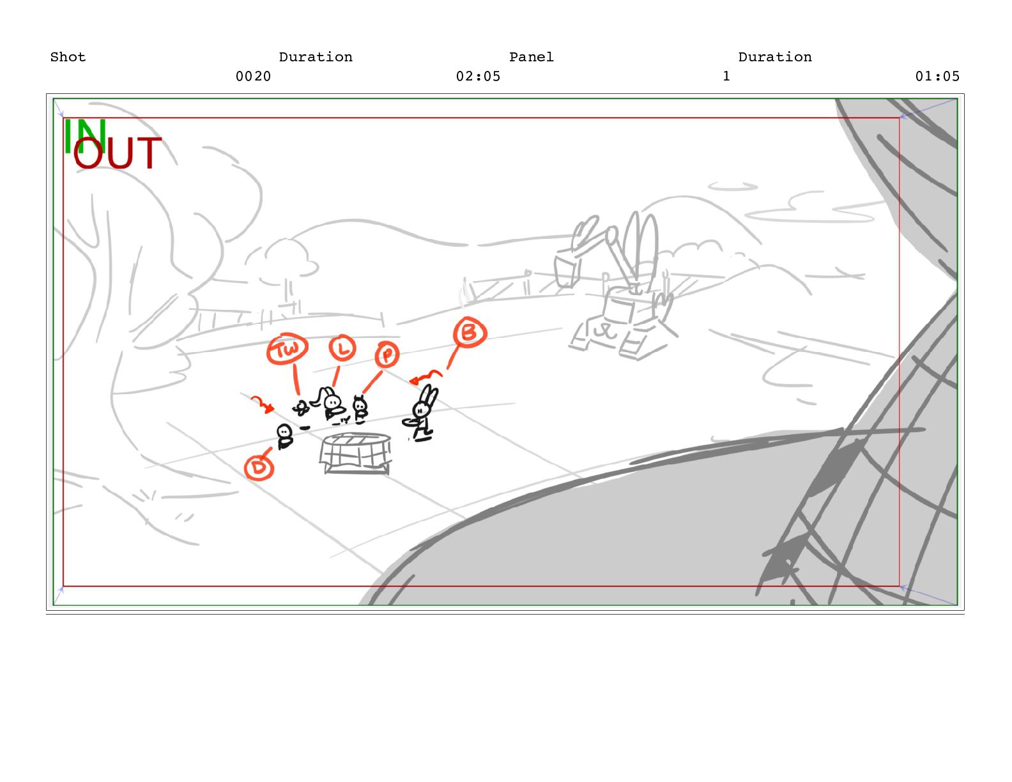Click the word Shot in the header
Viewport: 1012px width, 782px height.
tap(68, 57)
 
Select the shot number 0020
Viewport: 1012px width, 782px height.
tap(253, 77)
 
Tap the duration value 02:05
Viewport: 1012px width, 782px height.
tap(478, 77)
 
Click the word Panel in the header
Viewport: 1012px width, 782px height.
tap(531, 57)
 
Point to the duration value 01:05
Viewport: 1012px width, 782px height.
tap(937, 77)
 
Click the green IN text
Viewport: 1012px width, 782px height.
tap(85, 136)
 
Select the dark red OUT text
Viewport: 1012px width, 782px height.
tap(118, 153)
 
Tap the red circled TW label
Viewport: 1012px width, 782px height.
tap(287, 349)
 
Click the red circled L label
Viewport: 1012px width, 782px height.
tap(342, 348)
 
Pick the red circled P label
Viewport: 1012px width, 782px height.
tap(387, 355)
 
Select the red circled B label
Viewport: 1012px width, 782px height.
tap(470, 333)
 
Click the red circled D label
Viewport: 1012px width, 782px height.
tap(259, 468)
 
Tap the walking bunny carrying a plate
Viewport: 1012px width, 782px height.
tap(422, 413)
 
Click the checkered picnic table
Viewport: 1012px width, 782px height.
tap(355, 453)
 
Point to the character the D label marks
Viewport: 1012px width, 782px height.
tap(284, 436)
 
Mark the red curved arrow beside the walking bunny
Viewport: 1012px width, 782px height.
tap(425, 376)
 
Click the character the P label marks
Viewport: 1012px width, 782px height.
tap(360, 409)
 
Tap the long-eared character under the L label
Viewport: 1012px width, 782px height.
tap(332, 404)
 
